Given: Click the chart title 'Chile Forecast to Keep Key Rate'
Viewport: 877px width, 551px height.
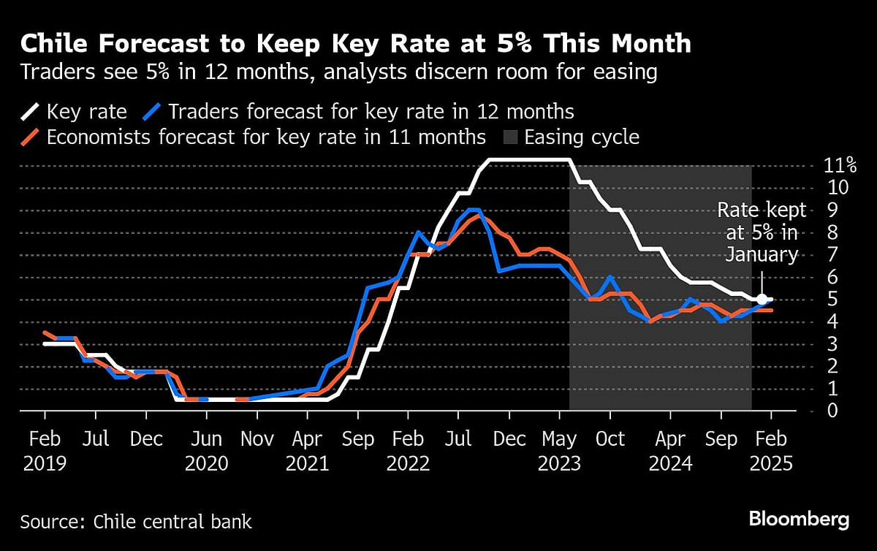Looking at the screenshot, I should [355, 43].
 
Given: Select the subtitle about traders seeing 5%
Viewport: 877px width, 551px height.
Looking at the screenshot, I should [339, 72].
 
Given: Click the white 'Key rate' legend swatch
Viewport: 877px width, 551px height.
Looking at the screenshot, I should [31, 112].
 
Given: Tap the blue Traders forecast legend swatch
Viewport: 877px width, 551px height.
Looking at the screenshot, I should [152, 112].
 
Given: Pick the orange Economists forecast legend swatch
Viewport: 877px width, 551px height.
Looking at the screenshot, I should [31, 137].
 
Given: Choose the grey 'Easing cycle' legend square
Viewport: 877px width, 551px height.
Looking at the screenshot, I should [509, 137].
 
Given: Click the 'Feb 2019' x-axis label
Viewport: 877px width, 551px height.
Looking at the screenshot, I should [45, 451].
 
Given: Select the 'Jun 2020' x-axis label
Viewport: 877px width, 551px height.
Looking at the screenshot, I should [207, 451].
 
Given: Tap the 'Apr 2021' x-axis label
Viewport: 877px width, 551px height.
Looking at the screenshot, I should [308, 451].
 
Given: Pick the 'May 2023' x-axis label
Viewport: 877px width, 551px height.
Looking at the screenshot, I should [559, 451].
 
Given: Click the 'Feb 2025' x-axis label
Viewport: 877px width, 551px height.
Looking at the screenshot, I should [770, 451].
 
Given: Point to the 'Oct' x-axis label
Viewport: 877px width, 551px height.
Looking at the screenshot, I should [610, 439].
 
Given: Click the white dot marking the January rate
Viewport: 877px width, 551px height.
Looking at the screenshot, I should [762, 299].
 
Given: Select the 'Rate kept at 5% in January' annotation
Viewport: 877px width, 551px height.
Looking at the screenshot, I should [762, 232].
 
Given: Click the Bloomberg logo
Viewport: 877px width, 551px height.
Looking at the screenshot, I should [799, 520].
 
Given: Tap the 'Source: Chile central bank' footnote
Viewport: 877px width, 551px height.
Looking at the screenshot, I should [136, 522].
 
